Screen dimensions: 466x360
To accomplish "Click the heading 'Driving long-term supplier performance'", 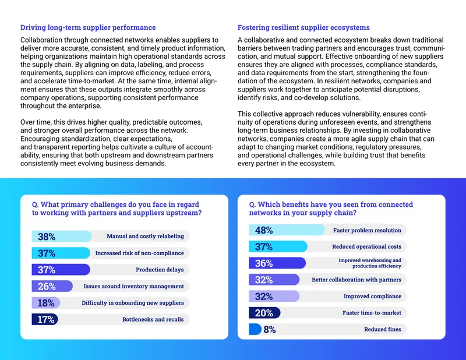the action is [x=88, y=27].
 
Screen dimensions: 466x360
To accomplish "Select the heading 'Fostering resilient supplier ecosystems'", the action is [x=303, y=27].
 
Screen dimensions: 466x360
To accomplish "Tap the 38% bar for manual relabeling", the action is [x=62, y=237].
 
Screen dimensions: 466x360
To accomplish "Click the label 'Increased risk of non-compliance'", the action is [x=139, y=253].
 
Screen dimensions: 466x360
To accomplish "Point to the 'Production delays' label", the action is [x=160, y=270].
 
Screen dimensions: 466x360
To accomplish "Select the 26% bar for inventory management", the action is [x=52, y=286].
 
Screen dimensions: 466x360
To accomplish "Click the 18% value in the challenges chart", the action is [x=46, y=303].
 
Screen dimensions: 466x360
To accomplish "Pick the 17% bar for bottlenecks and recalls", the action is [x=45, y=319].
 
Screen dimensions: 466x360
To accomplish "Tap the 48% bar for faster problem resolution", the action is [x=287, y=230].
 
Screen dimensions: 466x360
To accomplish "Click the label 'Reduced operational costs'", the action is [x=366, y=246].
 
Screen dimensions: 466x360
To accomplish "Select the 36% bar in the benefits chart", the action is [x=277, y=263].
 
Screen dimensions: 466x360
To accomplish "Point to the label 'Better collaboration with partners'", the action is [x=356, y=280].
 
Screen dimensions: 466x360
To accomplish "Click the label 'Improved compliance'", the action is [x=372, y=297].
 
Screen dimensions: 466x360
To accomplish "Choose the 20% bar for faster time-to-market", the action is [x=264, y=313].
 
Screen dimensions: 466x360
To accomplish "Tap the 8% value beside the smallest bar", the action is [x=270, y=329].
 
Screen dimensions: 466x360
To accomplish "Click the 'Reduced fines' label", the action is [x=383, y=329].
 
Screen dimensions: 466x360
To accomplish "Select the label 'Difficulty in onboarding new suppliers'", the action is [x=133, y=303].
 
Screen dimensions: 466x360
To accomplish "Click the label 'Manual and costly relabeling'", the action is [x=145, y=237].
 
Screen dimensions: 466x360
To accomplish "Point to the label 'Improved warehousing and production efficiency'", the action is [x=370, y=263].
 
